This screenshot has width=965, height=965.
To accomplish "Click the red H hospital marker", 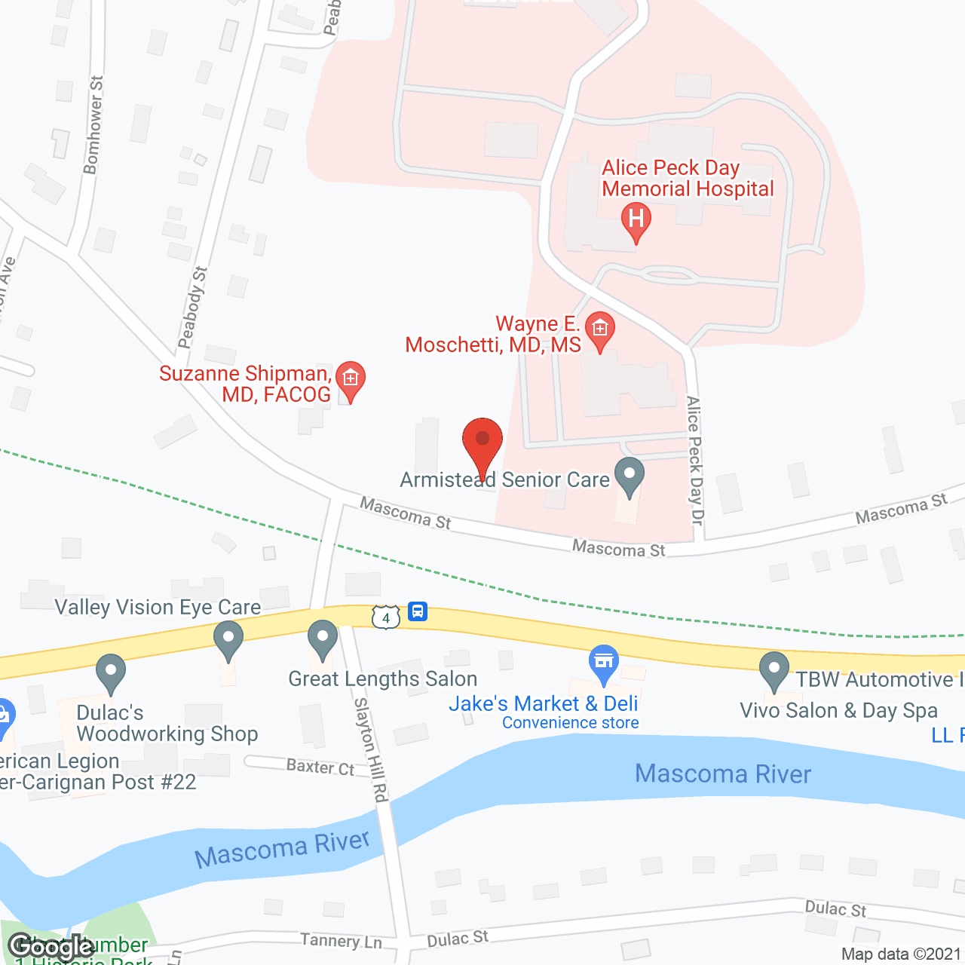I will coord(636,221).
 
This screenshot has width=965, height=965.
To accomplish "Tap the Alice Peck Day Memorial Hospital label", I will coord(688,179).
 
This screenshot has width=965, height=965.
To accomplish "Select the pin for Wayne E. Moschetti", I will coord(600,330).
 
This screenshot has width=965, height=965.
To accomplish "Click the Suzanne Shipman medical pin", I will coord(350,379).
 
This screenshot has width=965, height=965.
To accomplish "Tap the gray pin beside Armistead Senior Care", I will coord(629,476).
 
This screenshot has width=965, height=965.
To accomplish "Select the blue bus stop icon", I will coord(418,611).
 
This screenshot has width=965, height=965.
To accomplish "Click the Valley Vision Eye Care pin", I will coord(228,639).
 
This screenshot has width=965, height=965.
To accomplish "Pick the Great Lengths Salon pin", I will coord(323,639).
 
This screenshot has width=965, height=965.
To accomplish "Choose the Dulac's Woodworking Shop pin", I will coord(111,672).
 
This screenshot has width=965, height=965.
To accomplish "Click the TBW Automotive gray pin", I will coord(774,670).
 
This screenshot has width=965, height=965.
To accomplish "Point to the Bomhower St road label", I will coord(93,125).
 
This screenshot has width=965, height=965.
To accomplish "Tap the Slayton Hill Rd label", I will coord(372,749).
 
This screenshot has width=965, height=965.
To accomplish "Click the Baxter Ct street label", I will coord(320,767).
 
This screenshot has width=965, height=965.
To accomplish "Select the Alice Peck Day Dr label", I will coord(694,460).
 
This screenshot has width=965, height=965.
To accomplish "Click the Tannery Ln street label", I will coord(341,940).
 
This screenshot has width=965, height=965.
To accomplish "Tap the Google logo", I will coord(51,946).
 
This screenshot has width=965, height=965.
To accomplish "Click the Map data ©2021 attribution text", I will coord(901,954).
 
